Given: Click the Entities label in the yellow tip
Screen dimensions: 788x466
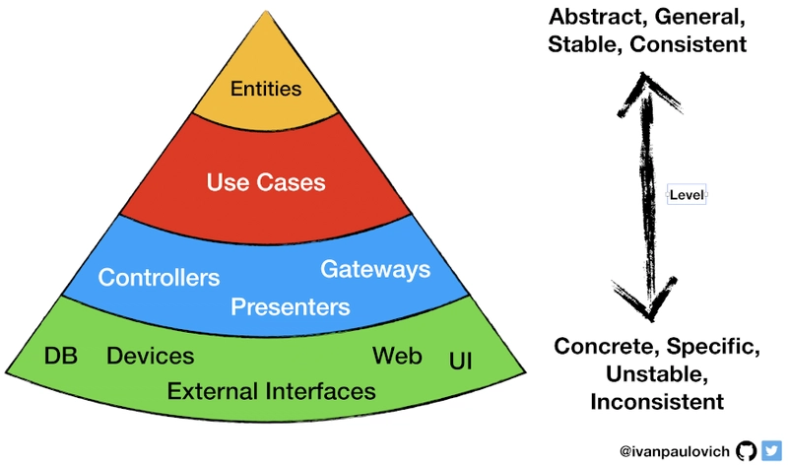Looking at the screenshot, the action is (x=266, y=89).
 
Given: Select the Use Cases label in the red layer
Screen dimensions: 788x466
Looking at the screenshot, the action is (x=266, y=182).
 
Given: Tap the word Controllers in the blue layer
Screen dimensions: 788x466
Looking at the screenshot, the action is (x=159, y=278).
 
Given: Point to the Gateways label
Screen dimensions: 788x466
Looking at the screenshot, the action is (x=375, y=270).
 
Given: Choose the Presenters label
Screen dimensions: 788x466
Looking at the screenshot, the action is (x=290, y=306).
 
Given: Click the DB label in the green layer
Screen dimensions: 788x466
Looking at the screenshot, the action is (x=61, y=356).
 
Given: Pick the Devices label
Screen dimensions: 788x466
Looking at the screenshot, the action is (x=151, y=356).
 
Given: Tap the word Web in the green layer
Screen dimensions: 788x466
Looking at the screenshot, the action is (x=397, y=356).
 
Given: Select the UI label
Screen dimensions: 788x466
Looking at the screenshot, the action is (x=460, y=361).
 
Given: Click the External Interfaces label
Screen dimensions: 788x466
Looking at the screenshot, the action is (x=272, y=391).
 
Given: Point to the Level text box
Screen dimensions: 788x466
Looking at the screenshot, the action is (x=687, y=194).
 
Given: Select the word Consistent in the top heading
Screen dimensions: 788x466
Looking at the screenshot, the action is (x=688, y=44).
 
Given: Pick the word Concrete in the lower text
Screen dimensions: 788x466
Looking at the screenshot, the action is (x=607, y=347).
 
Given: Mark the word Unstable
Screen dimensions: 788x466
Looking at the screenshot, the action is (x=657, y=374).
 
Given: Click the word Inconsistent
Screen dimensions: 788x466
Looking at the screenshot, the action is (x=657, y=402).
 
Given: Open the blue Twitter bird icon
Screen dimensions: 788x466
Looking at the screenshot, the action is (x=771, y=451).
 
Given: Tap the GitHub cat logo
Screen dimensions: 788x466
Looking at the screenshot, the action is (x=747, y=451).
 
